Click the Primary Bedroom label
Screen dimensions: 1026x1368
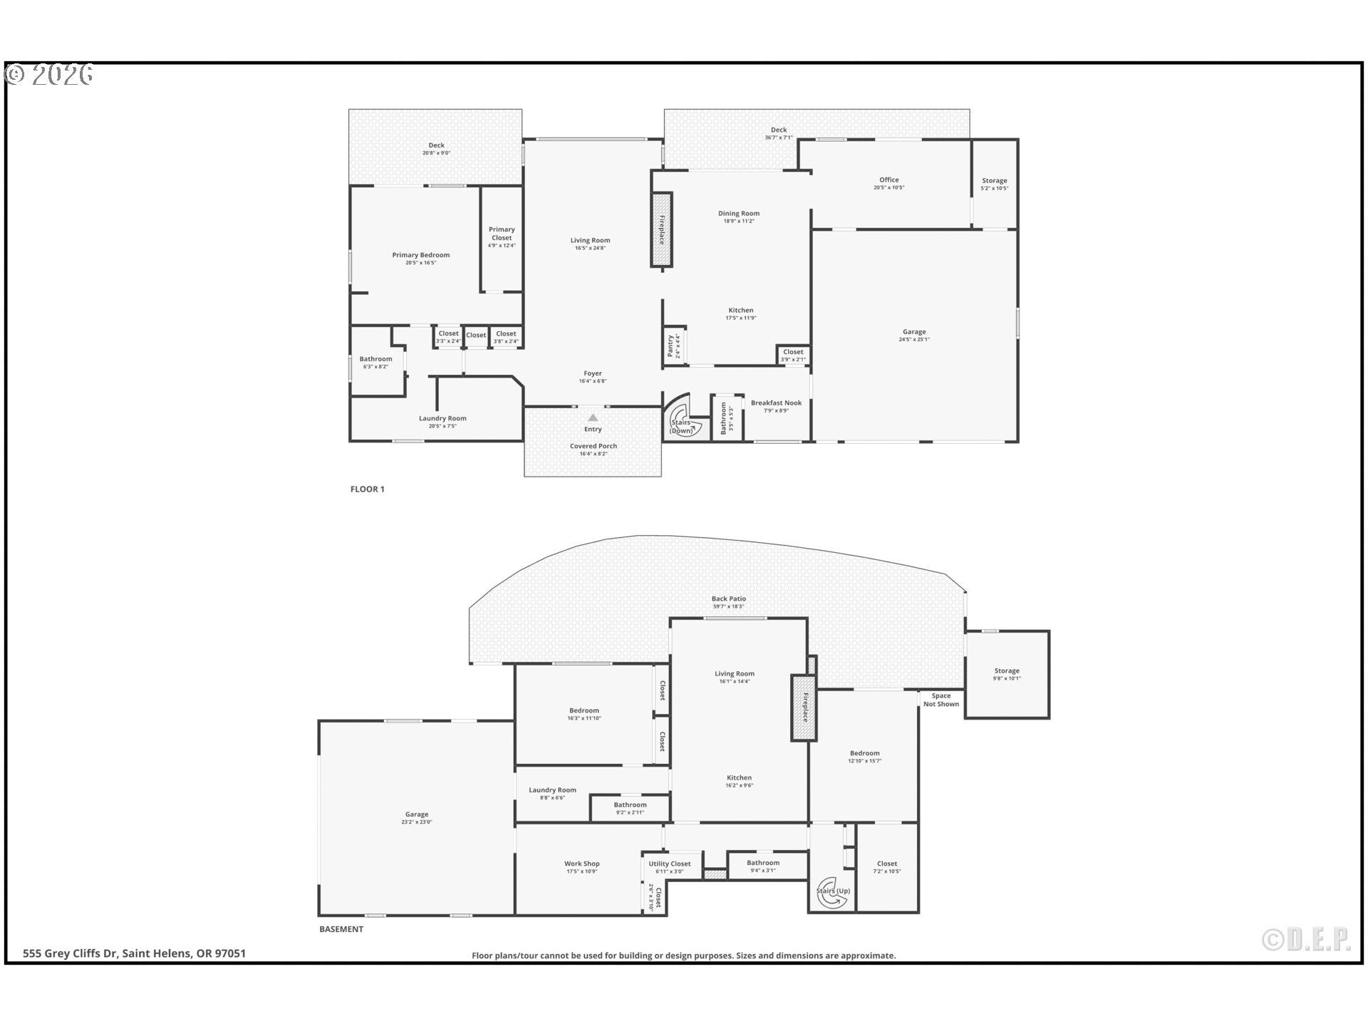click(x=420, y=255)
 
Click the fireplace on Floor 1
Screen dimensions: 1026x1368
click(x=661, y=229)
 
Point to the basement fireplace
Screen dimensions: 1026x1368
click(x=804, y=708)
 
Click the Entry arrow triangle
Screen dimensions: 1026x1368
click(x=593, y=418)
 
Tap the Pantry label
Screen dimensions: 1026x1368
click(x=670, y=346)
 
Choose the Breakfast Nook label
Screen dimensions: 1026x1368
click(x=776, y=403)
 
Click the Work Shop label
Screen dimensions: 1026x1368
click(x=582, y=864)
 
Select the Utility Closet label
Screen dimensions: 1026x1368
click(x=669, y=864)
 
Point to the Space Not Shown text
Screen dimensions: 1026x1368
click(x=940, y=700)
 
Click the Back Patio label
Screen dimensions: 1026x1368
click(x=728, y=599)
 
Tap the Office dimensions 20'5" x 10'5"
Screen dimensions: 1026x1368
click(x=888, y=188)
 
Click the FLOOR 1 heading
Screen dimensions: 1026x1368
click(x=367, y=489)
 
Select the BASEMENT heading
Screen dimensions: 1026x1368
click(x=341, y=929)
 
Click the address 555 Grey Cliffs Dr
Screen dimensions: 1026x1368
click(x=134, y=953)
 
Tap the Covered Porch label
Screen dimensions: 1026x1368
click(x=593, y=446)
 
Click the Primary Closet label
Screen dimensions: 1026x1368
click(x=502, y=234)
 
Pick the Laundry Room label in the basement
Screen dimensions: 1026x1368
click(x=552, y=790)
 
